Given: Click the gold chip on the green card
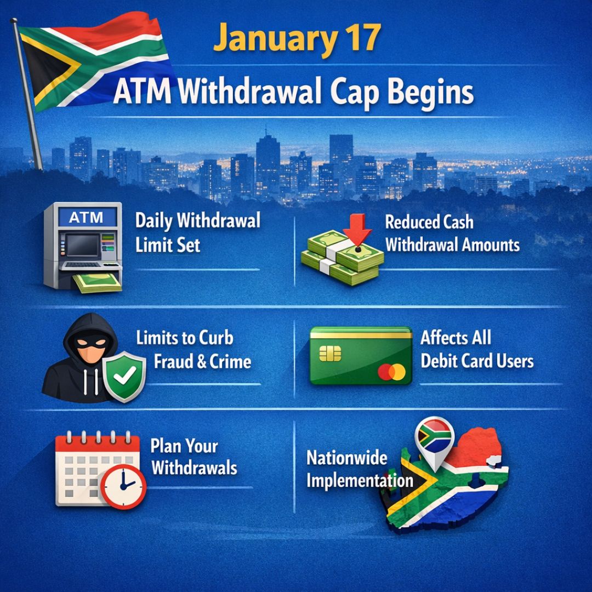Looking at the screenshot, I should click(329, 354).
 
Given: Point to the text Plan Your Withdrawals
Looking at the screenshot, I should click(193, 457).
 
